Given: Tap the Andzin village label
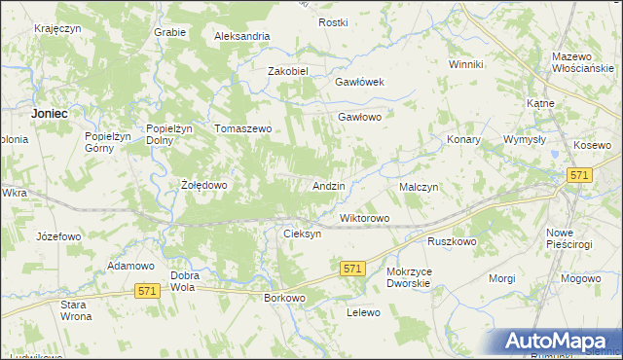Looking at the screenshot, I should coord(327,185).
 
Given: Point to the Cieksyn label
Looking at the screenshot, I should coord(301,234).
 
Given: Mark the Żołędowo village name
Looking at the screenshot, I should coord(204,185).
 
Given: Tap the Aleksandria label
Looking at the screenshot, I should coord(242,36).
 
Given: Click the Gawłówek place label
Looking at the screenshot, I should coord(360,83).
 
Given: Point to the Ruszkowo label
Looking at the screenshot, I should coord(451,240).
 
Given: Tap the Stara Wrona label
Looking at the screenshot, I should coord(75,311).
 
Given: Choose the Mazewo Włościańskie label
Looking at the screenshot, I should coord(579,63).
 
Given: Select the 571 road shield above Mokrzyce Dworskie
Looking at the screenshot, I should coord(352,268).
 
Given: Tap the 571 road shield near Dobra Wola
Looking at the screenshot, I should coord(147,291).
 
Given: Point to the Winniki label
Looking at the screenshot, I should coord(466,64).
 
